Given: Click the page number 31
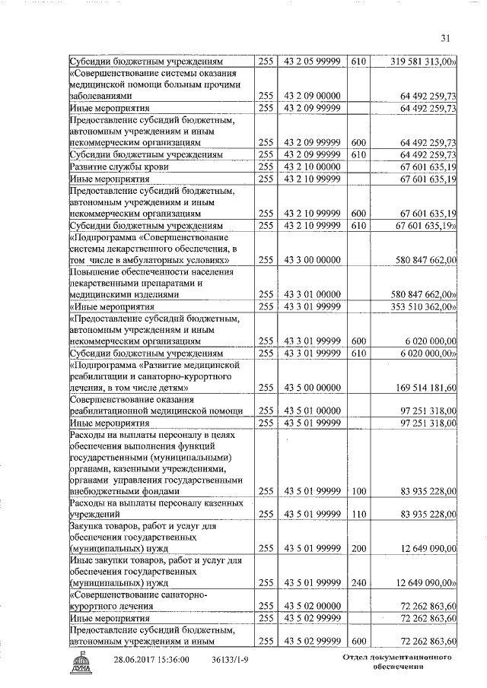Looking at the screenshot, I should (446, 40).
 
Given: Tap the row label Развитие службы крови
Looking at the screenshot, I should (119, 166).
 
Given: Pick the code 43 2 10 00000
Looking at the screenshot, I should (311, 166).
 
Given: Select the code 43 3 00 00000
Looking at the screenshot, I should (311, 259).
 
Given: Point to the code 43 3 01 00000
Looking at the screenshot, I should (311, 294).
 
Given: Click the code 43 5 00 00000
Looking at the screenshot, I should (311, 388).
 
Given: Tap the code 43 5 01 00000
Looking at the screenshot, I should (311, 411).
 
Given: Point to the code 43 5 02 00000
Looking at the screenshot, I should (311, 607).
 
